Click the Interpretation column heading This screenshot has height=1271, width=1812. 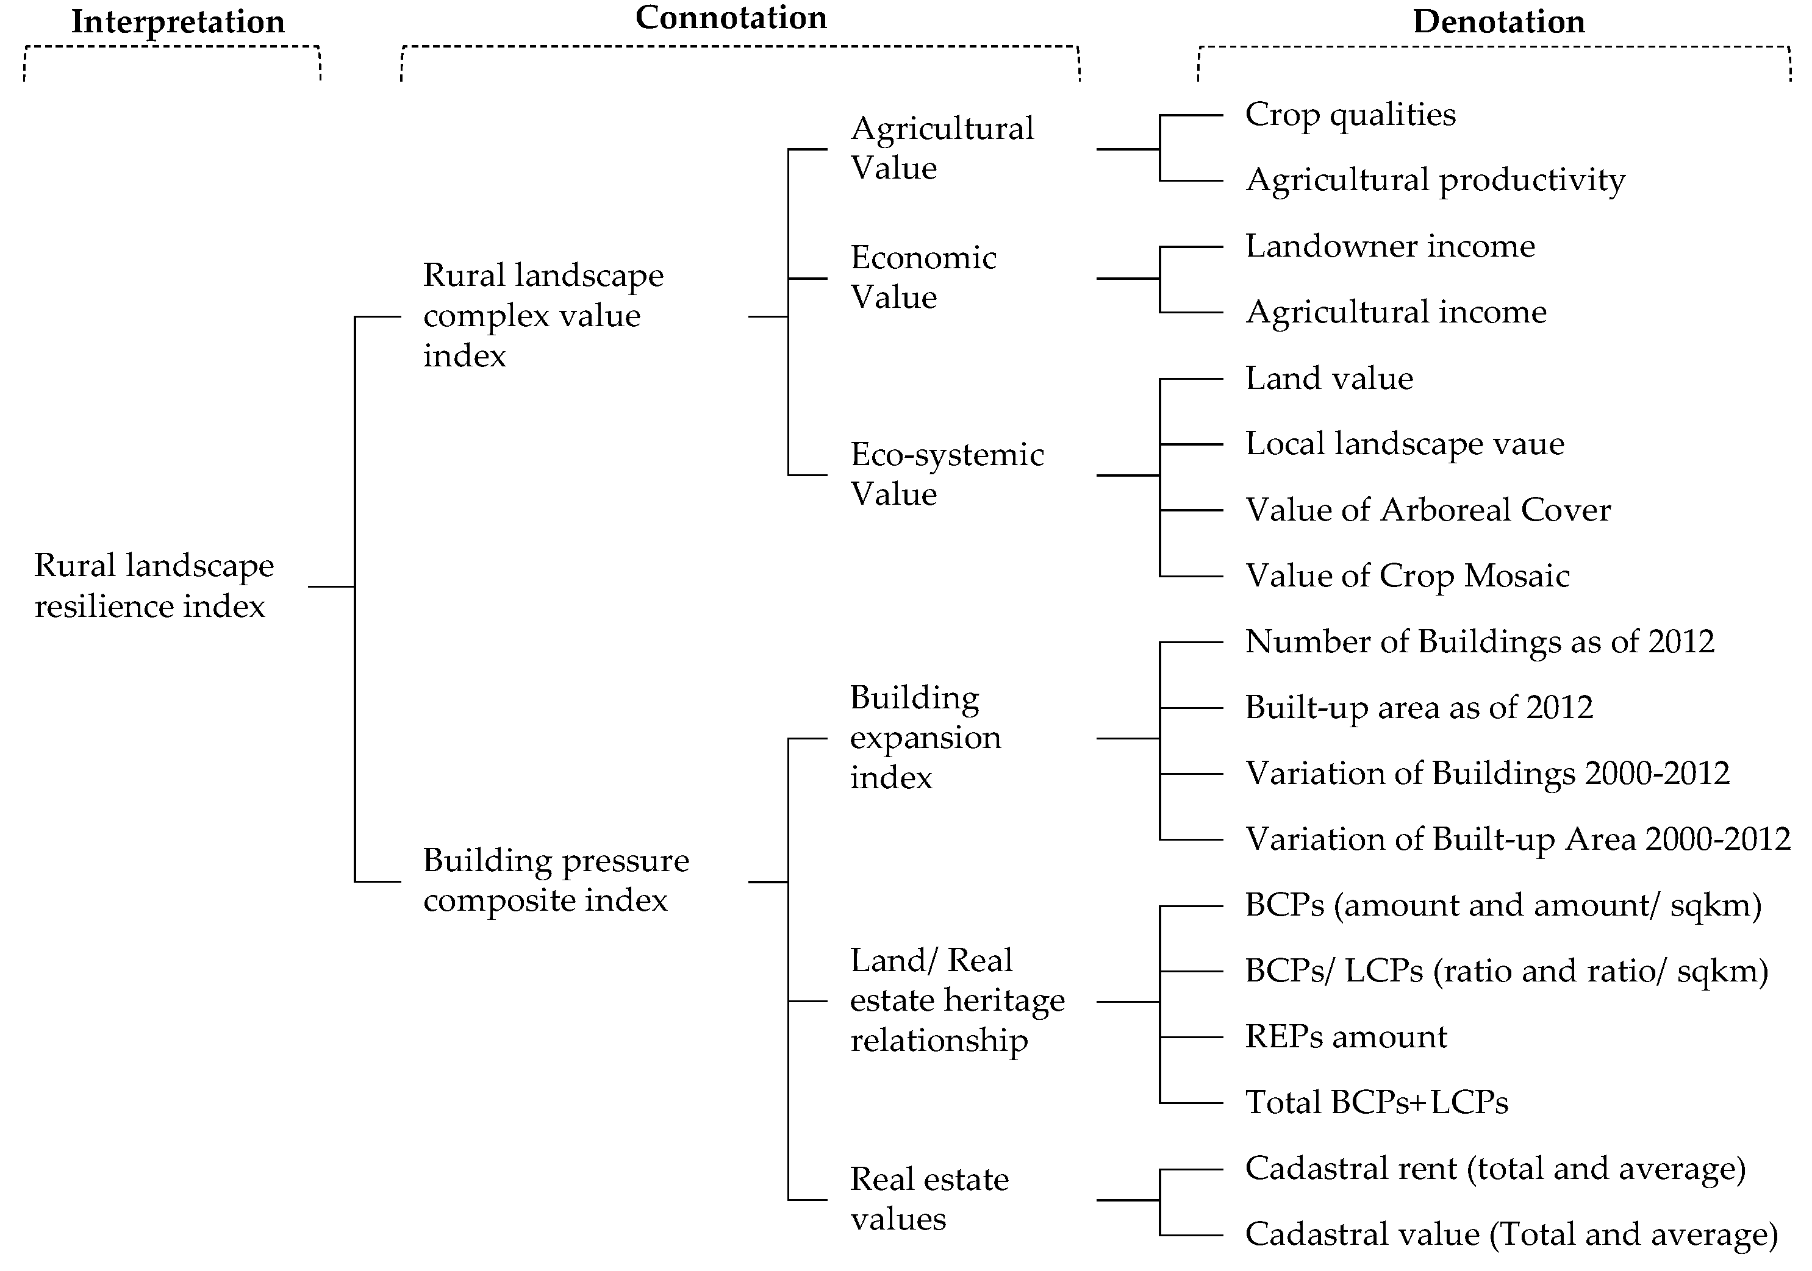coord(177,22)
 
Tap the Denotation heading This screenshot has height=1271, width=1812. coord(1498,22)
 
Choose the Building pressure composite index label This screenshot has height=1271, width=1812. coord(556,880)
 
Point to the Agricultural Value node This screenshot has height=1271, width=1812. coord(942,148)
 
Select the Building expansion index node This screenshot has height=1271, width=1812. coord(925,738)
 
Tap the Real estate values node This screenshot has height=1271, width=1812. coord(929,1199)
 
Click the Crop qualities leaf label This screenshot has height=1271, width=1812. coord(1350,115)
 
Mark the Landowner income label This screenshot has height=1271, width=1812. coord(1390,247)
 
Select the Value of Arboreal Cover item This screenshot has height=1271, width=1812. coord(1427,510)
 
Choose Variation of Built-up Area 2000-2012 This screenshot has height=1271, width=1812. coord(1517,839)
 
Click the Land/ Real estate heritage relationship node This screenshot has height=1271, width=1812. coord(956,1000)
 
